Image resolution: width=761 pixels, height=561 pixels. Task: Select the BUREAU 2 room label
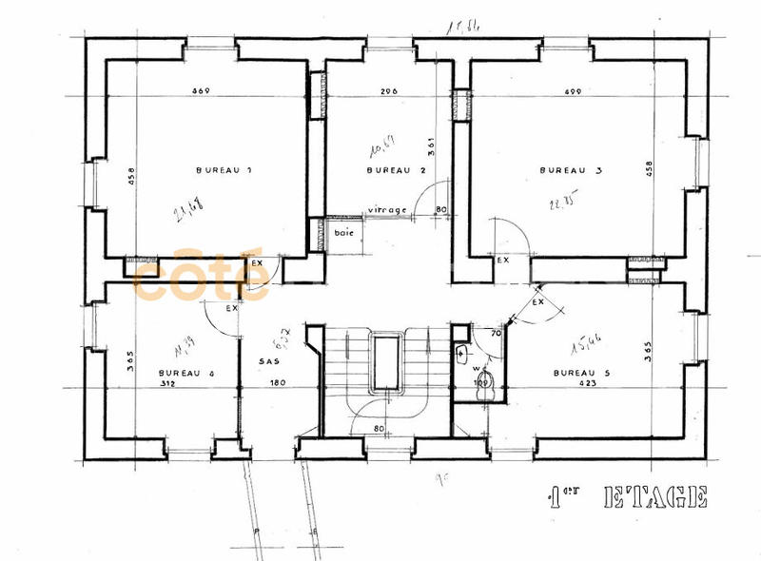395,170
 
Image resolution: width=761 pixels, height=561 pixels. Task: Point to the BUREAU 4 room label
186,374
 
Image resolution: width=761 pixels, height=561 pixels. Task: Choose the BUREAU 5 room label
580,374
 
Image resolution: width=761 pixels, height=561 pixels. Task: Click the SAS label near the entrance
268,361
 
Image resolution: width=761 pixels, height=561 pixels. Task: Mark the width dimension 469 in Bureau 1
201,91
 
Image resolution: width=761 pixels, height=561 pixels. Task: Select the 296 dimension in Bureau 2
387,91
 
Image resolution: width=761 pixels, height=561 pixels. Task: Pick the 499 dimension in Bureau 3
573,91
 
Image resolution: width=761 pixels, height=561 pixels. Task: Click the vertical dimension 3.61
430,145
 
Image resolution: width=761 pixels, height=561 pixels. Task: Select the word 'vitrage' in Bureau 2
388,210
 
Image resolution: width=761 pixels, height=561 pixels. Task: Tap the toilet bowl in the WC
485,382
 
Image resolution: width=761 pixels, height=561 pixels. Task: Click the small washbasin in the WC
462,354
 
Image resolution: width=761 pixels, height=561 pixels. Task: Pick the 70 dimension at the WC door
495,335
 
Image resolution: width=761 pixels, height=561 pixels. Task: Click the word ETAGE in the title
655,496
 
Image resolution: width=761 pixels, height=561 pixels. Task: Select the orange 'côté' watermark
200,276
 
